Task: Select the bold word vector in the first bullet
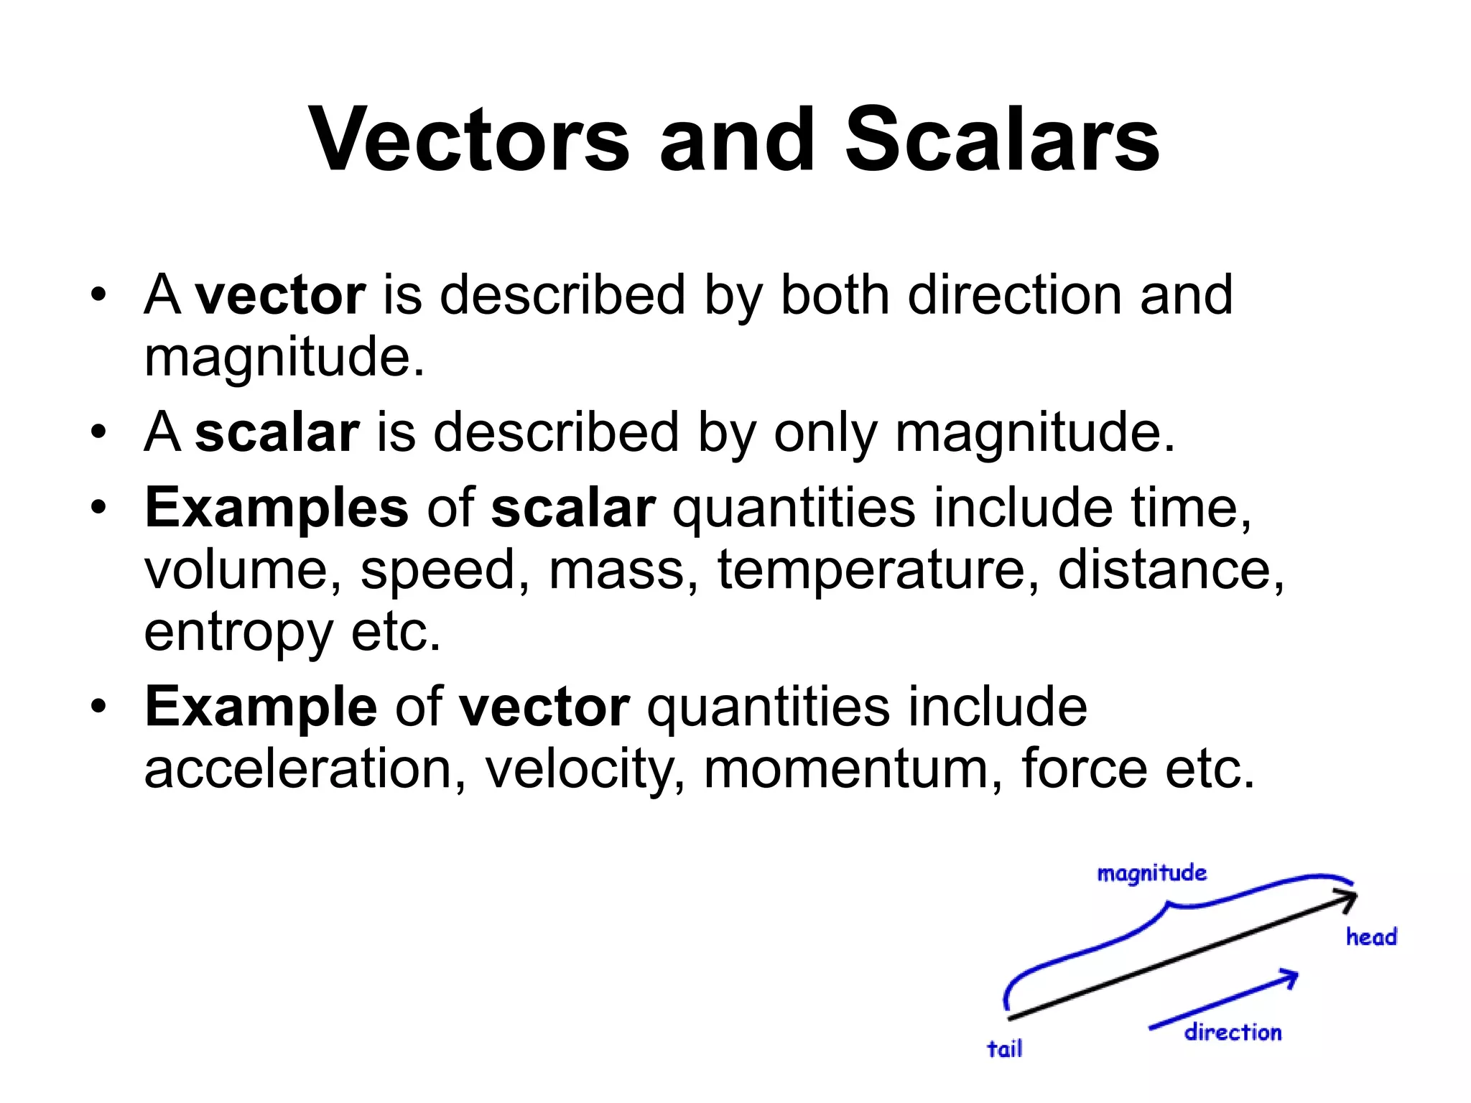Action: click(281, 295)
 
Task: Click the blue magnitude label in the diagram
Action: click(1151, 874)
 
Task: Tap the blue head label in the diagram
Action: click(1371, 937)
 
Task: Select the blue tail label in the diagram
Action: click(1004, 1049)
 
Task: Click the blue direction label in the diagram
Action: click(1233, 1033)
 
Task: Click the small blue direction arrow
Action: click(1225, 1000)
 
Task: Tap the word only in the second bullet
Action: click(825, 433)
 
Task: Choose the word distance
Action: click(1170, 569)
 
